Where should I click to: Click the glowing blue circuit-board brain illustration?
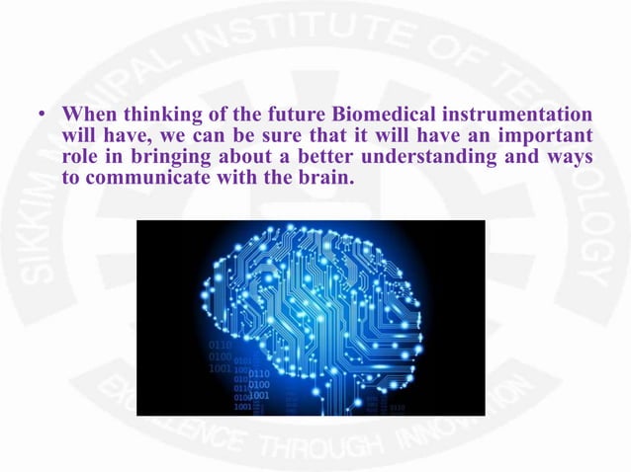point(311,318)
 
